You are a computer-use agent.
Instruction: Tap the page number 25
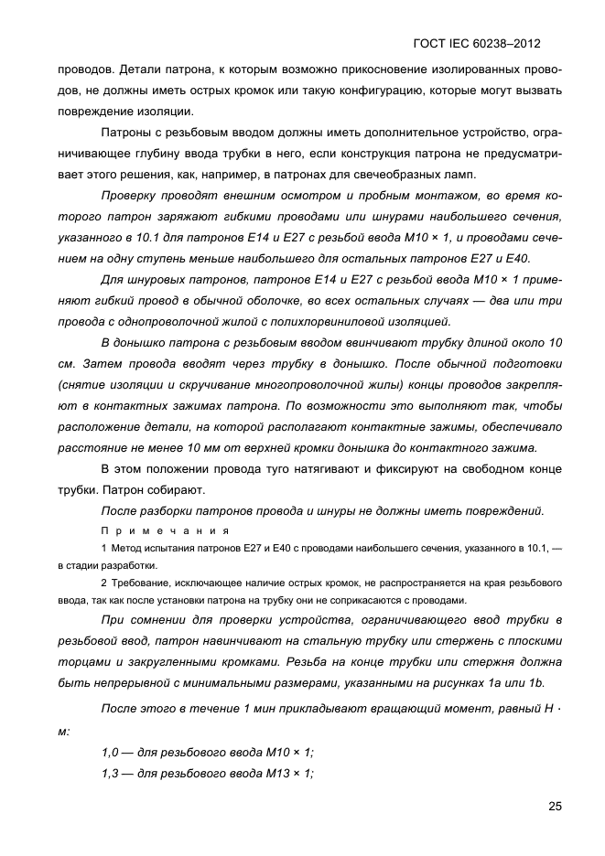tap(555, 806)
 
